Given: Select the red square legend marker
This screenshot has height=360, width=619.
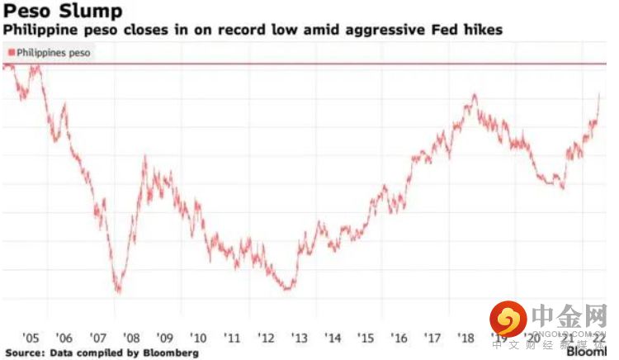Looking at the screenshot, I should [x=11, y=53].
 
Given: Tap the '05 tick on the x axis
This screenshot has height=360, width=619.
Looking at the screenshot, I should [x=31, y=337].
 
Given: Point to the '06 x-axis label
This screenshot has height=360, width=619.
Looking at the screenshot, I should [x=64, y=337].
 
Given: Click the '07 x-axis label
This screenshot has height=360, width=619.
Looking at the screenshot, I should [x=97, y=337].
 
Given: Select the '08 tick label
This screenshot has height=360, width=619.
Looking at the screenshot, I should [x=131, y=337].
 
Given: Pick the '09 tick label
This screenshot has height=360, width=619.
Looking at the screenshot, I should [x=165, y=337].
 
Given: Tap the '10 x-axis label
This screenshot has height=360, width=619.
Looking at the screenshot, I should [x=198, y=337].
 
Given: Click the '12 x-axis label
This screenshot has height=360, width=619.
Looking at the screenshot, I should [x=266, y=337].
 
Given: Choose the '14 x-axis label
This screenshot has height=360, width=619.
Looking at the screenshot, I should [x=333, y=337].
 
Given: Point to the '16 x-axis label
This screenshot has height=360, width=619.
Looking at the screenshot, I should [x=400, y=337].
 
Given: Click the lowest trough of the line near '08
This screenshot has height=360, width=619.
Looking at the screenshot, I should [x=119, y=291].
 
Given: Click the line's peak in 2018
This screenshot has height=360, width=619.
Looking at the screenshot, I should [x=475, y=96].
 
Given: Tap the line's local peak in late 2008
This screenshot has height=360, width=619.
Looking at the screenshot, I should [x=146, y=156].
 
